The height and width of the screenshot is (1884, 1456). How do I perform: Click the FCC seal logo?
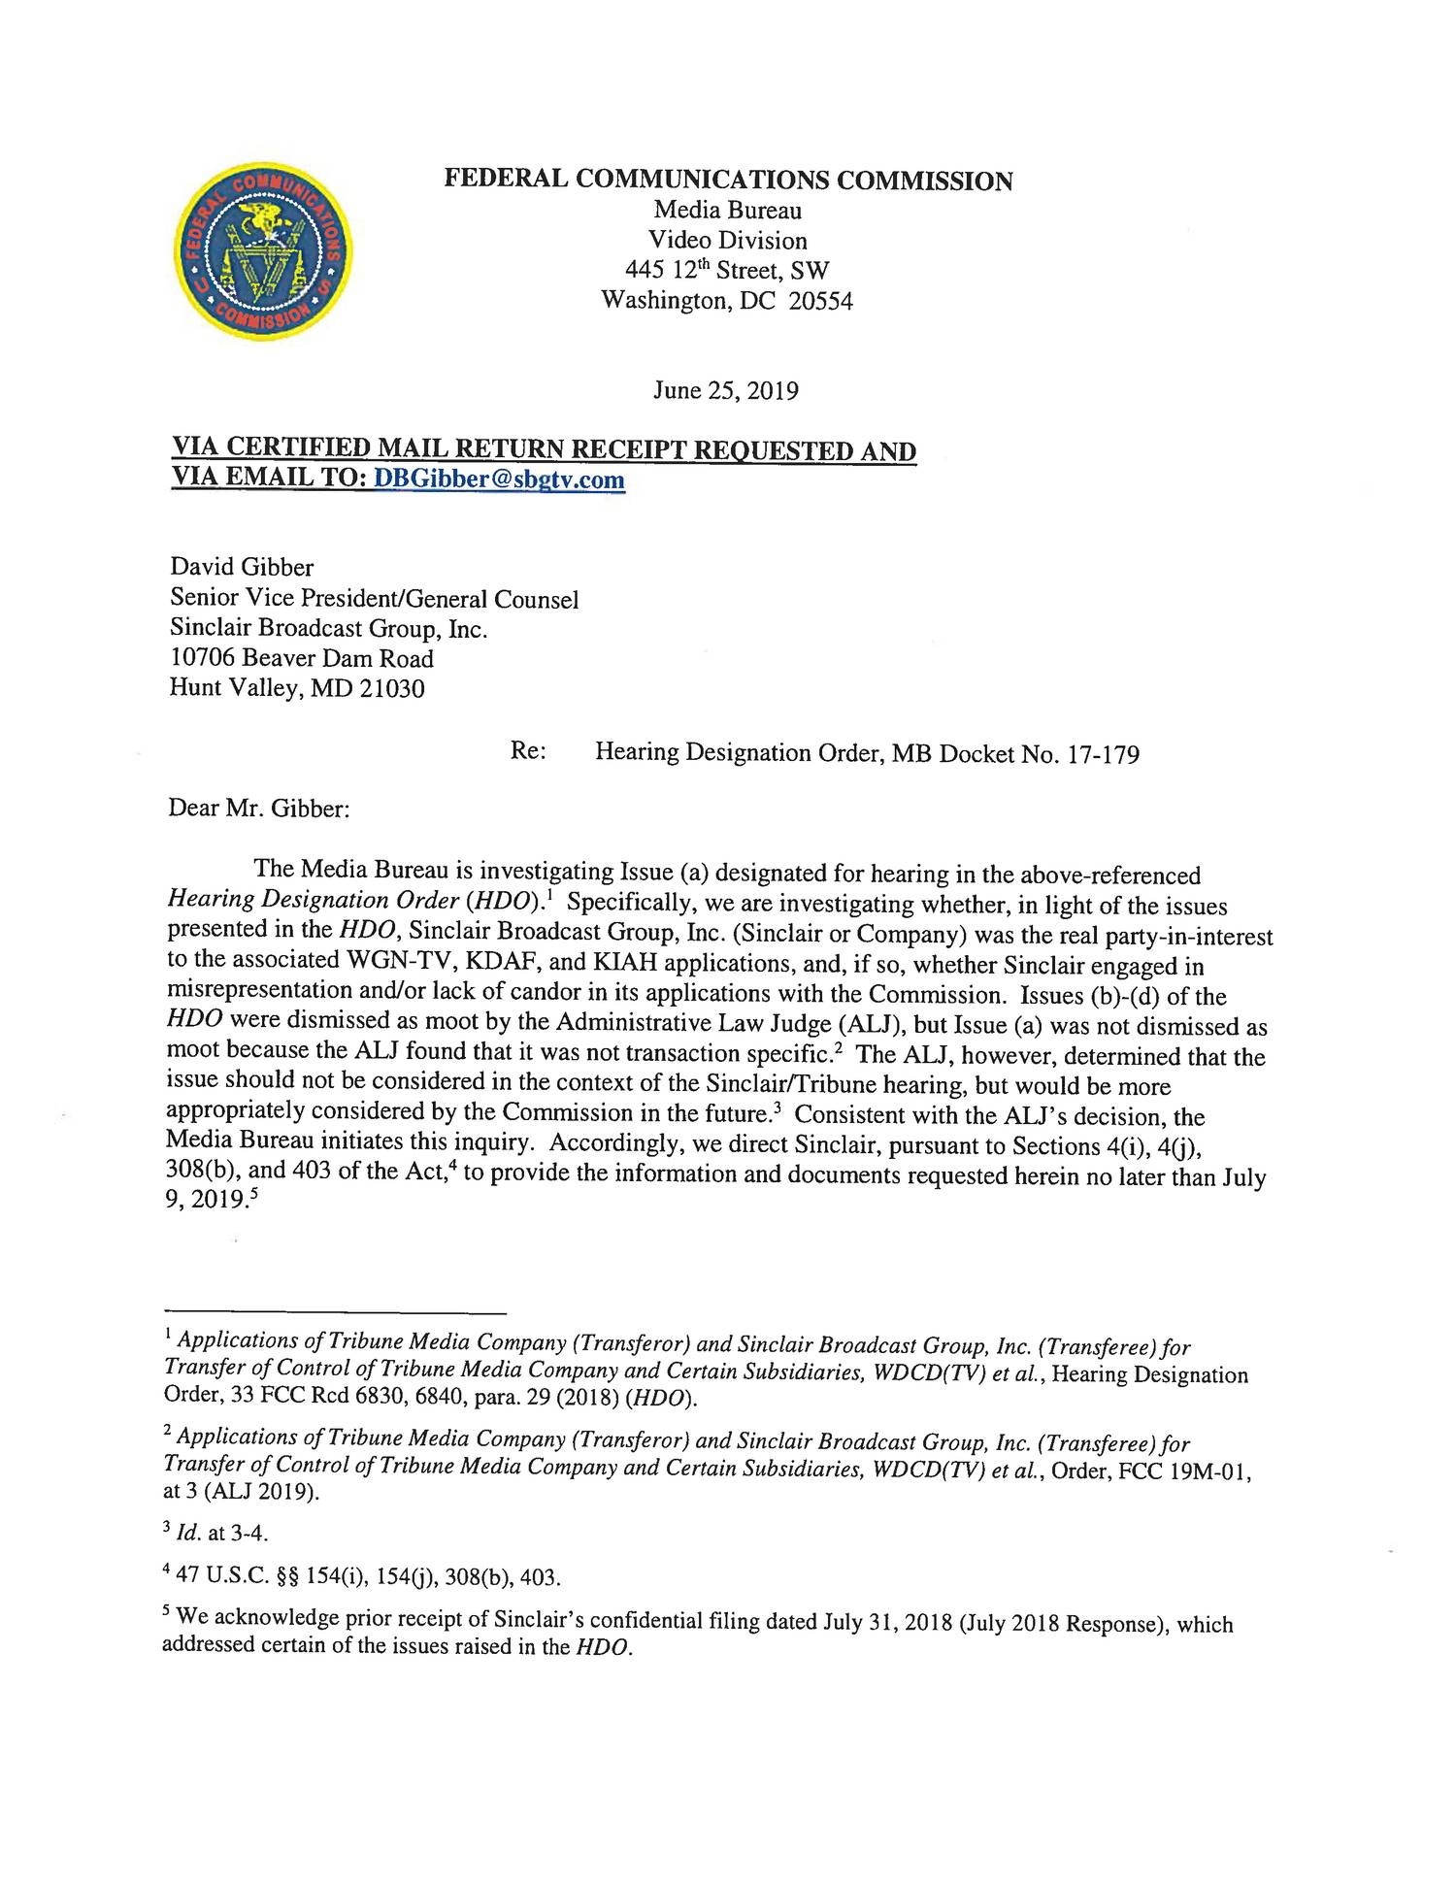(263, 251)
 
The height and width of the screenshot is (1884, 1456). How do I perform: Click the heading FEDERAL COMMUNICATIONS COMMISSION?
(728, 181)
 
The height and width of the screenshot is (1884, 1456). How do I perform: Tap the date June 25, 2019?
(726, 391)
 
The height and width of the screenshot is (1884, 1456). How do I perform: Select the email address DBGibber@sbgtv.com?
(499, 479)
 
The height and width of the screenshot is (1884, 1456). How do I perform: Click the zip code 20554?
(821, 301)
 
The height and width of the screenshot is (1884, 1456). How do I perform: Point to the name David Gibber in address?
(242, 567)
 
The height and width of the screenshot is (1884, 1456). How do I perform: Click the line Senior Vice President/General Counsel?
(374, 599)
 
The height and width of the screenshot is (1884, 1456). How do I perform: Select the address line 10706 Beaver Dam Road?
(302, 658)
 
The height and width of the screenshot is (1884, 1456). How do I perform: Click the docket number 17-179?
(1103, 754)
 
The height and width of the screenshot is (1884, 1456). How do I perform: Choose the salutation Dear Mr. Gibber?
(258, 808)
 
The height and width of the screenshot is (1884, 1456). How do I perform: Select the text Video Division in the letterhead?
(727, 241)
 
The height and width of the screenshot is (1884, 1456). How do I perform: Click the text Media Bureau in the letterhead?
(727, 211)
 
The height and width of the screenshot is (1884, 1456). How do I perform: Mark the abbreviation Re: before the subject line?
(527, 752)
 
